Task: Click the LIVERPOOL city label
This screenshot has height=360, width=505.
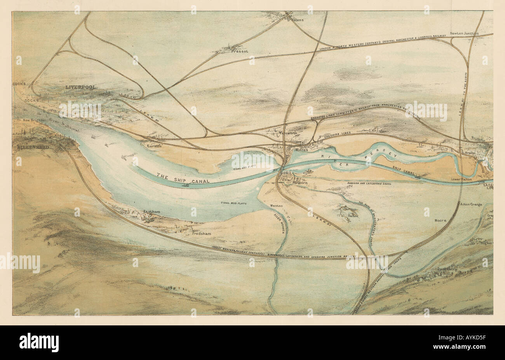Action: (x=81, y=87)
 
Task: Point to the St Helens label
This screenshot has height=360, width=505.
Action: (x=295, y=19)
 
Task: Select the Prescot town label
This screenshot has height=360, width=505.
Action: (x=240, y=51)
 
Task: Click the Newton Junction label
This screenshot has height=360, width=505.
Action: (x=464, y=34)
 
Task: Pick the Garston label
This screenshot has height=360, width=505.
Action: (x=154, y=146)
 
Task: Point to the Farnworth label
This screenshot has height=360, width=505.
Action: (x=288, y=133)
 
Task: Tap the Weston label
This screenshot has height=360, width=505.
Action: (x=276, y=206)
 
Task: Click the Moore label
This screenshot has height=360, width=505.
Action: (x=440, y=220)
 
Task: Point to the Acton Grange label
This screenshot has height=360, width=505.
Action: (x=471, y=204)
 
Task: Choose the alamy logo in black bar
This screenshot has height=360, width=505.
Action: (x=39, y=342)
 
